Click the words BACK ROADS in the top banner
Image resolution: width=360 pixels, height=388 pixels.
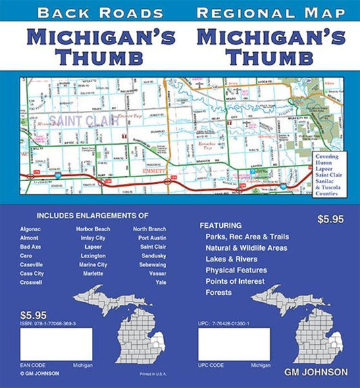click(100, 13)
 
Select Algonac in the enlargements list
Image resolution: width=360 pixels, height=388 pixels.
click(32, 229)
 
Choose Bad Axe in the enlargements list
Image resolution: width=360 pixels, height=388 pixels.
click(31, 247)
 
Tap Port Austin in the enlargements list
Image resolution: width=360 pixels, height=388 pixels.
click(152, 238)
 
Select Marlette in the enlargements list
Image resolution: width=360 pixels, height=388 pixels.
click(90, 273)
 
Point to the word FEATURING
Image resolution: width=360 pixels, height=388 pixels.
click(220, 225)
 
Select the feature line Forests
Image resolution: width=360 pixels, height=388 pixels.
click(220, 293)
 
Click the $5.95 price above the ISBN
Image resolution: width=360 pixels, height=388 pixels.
click(33, 315)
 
